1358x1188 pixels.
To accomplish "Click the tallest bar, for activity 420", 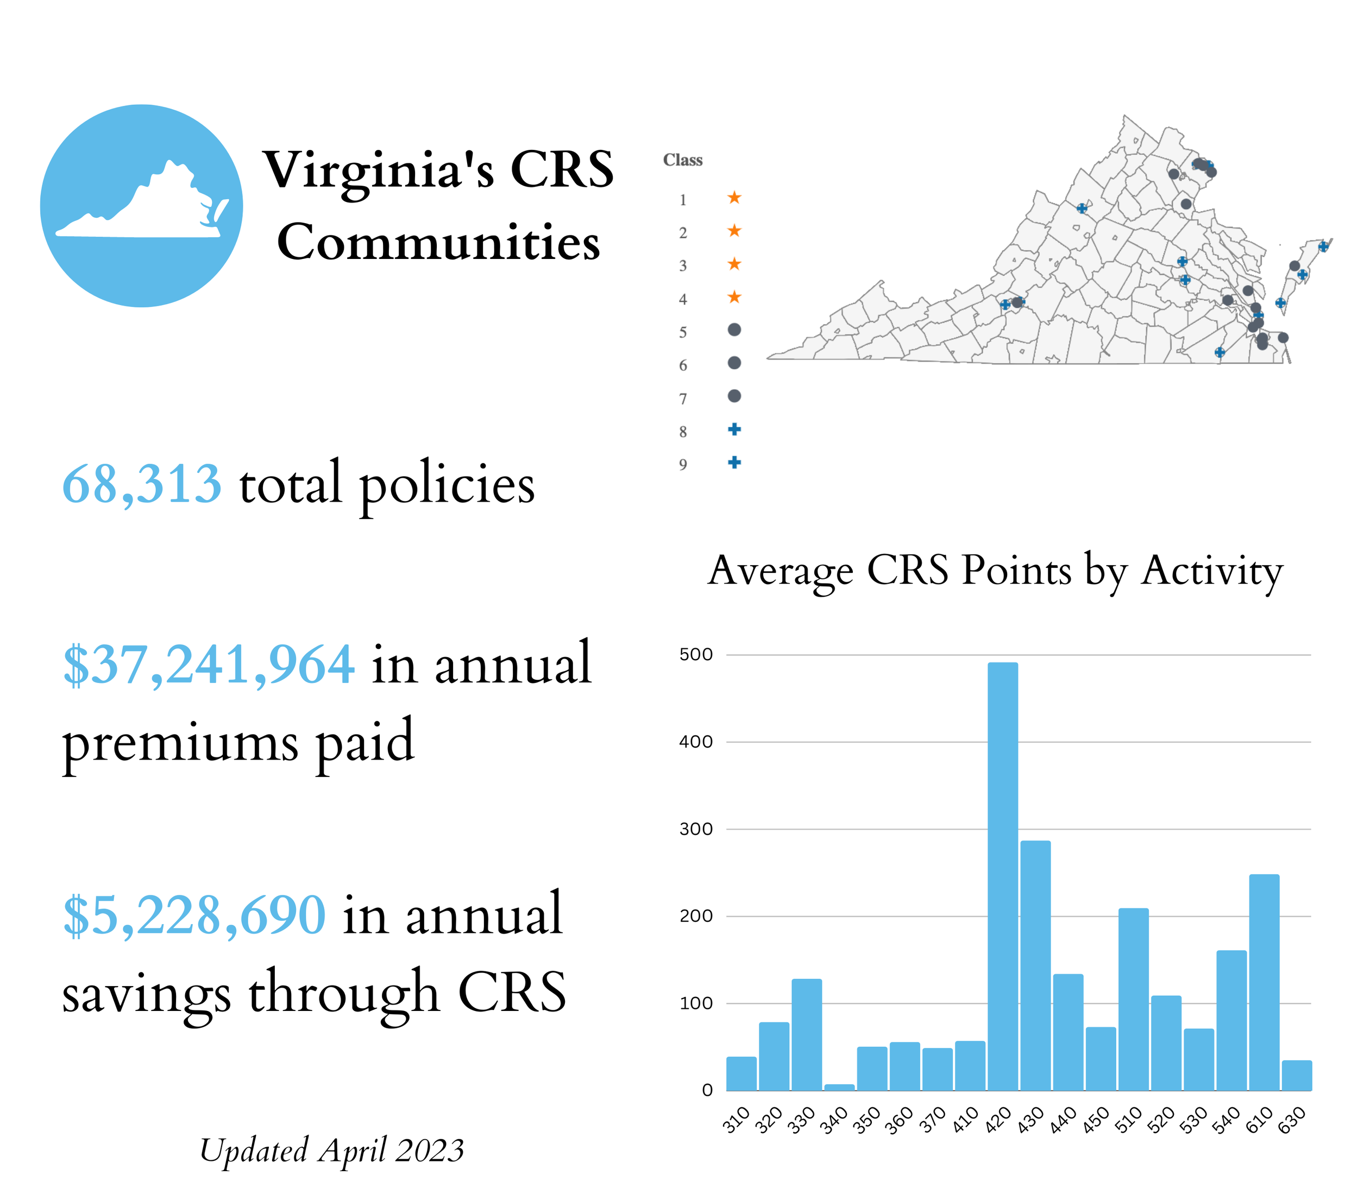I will (1003, 875).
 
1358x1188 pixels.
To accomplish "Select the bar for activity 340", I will (839, 1087).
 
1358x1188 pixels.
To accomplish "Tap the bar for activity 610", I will (1264, 981).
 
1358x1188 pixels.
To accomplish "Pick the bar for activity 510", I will (1133, 999).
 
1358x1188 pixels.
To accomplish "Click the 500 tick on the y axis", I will (696, 654).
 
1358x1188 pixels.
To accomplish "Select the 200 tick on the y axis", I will (696, 915).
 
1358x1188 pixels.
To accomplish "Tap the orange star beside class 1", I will (734, 198).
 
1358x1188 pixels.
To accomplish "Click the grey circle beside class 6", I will (734, 363).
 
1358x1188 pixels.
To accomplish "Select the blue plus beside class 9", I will (734, 462).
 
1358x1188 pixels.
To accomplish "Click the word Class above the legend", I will (682, 160).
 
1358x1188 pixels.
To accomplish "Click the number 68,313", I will (141, 484).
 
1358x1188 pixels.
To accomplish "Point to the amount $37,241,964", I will (208, 664).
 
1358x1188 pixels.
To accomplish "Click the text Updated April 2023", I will (331, 1150).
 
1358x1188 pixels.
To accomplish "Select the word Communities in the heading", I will (438, 242).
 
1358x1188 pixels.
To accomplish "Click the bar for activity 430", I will (1035, 965).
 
